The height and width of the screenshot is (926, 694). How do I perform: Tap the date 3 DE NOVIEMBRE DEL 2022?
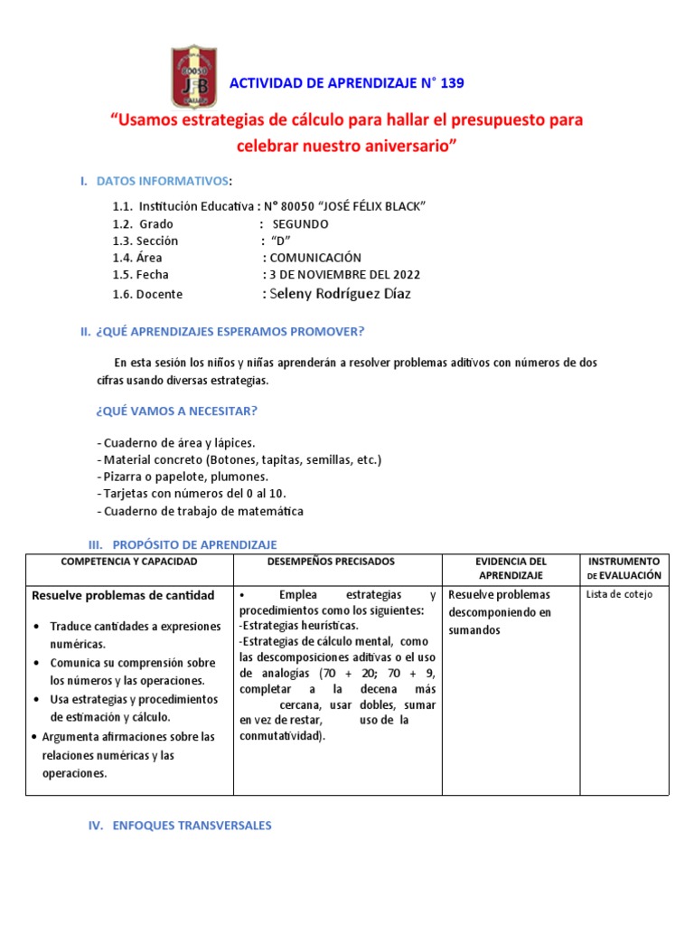coord(344,275)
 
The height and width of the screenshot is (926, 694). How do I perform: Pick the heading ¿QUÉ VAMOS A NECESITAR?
coord(176,411)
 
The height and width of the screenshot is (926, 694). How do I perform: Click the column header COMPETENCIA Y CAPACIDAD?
coord(128,562)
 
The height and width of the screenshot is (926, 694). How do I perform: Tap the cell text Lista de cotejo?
coord(619,594)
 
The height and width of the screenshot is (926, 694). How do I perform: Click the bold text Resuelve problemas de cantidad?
coord(123,595)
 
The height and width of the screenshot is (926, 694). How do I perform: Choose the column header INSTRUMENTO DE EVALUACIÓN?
coord(624,568)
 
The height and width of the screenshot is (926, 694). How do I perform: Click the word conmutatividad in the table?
coord(280,736)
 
